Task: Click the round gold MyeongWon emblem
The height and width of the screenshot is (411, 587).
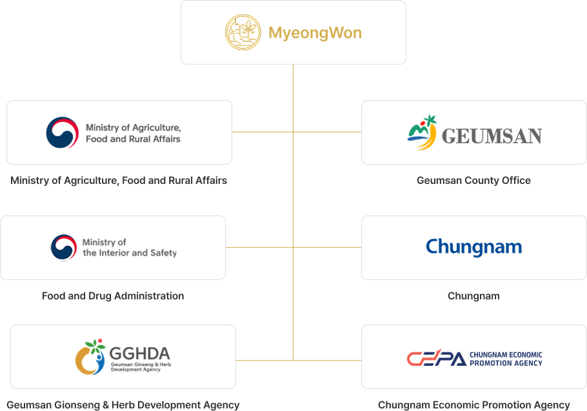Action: click(x=243, y=32)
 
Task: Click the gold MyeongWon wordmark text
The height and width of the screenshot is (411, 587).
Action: click(x=315, y=33)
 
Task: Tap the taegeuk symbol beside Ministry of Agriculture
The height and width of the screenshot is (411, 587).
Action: click(x=62, y=132)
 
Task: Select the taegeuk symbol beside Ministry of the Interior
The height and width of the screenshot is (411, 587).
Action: click(x=64, y=247)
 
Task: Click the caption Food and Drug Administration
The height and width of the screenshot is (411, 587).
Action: click(x=113, y=296)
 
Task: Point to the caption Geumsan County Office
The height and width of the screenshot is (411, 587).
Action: click(x=473, y=181)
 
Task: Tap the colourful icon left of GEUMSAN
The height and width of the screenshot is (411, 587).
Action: click(x=422, y=132)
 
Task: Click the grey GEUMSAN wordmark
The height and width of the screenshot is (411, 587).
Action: click(x=492, y=136)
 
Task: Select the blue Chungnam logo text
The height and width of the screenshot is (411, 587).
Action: click(x=473, y=247)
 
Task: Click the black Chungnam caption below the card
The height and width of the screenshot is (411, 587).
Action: click(x=473, y=296)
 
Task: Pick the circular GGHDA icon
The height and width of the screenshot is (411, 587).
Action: click(x=90, y=358)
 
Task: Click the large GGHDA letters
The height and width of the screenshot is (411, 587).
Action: click(x=139, y=354)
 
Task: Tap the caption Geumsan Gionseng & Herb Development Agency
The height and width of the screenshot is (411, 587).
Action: click(x=123, y=405)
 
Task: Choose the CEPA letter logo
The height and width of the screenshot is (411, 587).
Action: click(x=436, y=359)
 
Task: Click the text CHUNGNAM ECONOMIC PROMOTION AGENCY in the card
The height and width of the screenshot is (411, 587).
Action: click(x=506, y=359)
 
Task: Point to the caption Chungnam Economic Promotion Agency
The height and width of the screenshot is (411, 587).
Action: click(x=473, y=405)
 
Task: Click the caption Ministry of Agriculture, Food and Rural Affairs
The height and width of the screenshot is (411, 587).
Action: click(x=119, y=181)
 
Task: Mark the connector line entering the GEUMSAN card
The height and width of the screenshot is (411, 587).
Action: click(x=328, y=132)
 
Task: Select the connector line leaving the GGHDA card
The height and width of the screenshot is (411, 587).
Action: click(x=264, y=359)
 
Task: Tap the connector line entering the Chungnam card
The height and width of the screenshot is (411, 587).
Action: click(x=328, y=247)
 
